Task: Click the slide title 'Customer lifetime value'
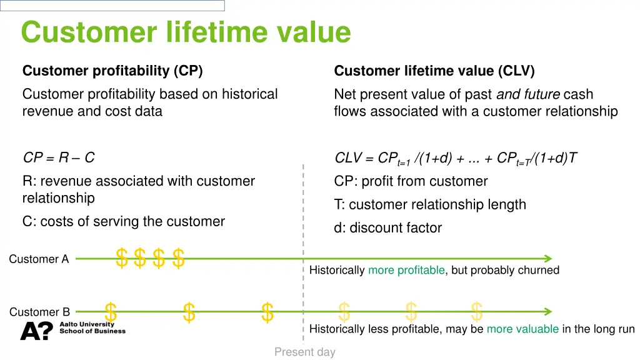[186, 32]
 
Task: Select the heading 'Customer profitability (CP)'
[112, 71]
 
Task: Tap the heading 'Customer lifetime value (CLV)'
[434, 71]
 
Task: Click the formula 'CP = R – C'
[59, 158]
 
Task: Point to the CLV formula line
[456, 159]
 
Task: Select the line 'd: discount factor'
[387, 228]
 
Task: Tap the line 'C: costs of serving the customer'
[123, 221]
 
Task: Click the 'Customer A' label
[39, 259]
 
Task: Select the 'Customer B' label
[39, 312]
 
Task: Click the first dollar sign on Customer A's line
[122, 257]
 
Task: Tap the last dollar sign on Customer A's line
[179, 257]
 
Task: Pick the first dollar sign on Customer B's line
[111, 311]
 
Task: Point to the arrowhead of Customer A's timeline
[547, 258]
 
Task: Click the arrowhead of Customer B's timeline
[547, 311]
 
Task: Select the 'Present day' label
[304, 352]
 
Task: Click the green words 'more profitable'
[406, 270]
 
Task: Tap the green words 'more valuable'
[522, 329]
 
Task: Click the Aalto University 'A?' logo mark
[36, 331]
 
